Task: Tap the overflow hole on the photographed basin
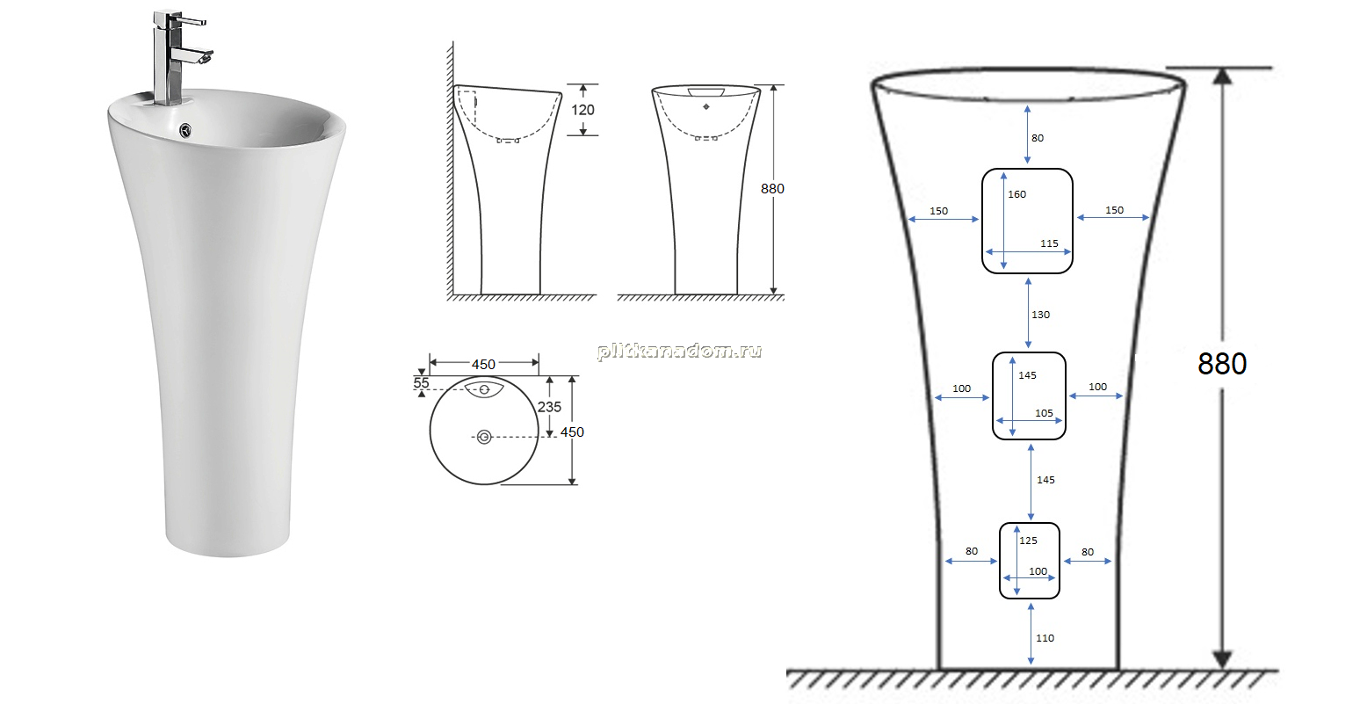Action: click(185, 129)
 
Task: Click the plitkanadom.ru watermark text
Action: click(679, 351)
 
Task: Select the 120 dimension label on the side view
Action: click(582, 110)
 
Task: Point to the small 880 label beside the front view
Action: click(772, 189)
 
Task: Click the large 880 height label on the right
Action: click(1221, 364)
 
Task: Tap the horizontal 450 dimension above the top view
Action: click(483, 365)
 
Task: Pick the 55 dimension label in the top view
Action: click(421, 383)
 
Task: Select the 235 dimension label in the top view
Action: click(549, 407)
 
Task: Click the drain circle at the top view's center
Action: click(484, 437)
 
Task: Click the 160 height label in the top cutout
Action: click(1017, 194)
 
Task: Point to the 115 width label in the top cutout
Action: click(1049, 243)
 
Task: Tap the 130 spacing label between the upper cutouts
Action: click(1040, 315)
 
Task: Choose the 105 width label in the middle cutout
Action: click(1045, 413)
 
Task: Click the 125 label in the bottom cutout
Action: click(1029, 541)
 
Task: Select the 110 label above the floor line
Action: click(1045, 638)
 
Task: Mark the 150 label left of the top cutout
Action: click(938, 211)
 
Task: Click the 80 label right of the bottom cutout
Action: click(1088, 552)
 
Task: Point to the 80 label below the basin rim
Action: click(1038, 138)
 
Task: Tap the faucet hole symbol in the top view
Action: click(484, 389)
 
